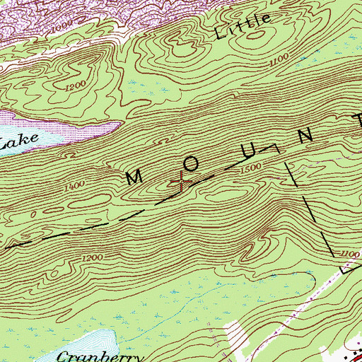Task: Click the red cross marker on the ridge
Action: pyautogui.click(x=182, y=182)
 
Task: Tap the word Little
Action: pyautogui.click(x=243, y=27)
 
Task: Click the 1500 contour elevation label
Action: pyautogui.click(x=252, y=167)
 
